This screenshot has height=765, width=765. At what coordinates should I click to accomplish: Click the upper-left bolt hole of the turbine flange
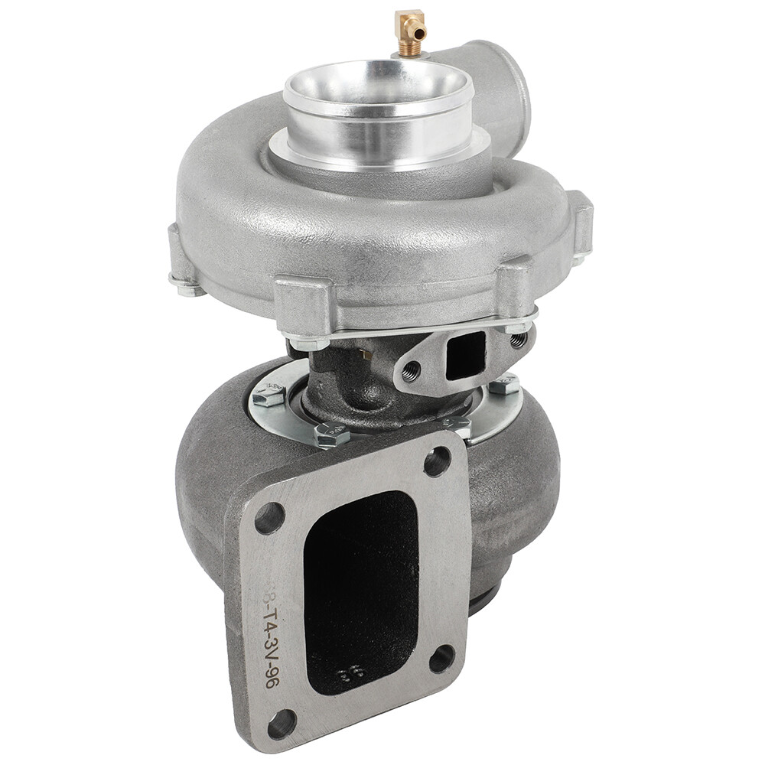tap(269, 518)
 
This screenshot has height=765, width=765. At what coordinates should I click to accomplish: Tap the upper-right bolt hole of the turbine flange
tap(437, 461)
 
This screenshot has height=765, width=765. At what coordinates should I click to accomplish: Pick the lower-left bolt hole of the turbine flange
tap(282, 723)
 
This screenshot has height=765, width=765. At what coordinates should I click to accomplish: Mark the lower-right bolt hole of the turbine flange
tap(441, 658)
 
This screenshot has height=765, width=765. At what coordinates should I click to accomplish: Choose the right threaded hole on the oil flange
tap(518, 339)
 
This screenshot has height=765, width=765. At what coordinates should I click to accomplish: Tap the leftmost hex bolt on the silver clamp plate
tap(269, 395)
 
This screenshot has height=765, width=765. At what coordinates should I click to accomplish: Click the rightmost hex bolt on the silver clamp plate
tap(504, 384)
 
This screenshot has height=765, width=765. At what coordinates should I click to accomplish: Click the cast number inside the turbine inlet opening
tap(351, 674)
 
